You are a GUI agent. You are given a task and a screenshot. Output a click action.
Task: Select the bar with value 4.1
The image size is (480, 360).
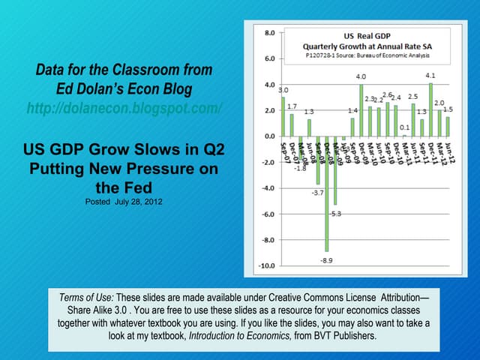(x=430, y=109)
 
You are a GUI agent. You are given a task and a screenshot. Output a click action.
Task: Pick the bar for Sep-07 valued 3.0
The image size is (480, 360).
(x=283, y=116)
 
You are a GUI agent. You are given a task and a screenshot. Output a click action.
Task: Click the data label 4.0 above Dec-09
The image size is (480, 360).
(x=361, y=76)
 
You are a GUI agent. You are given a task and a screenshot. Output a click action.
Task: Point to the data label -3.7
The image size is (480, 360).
(x=316, y=192)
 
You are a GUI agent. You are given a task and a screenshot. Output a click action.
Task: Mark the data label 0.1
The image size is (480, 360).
(x=404, y=127)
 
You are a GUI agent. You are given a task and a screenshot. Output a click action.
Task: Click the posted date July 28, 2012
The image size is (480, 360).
(x=124, y=202)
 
